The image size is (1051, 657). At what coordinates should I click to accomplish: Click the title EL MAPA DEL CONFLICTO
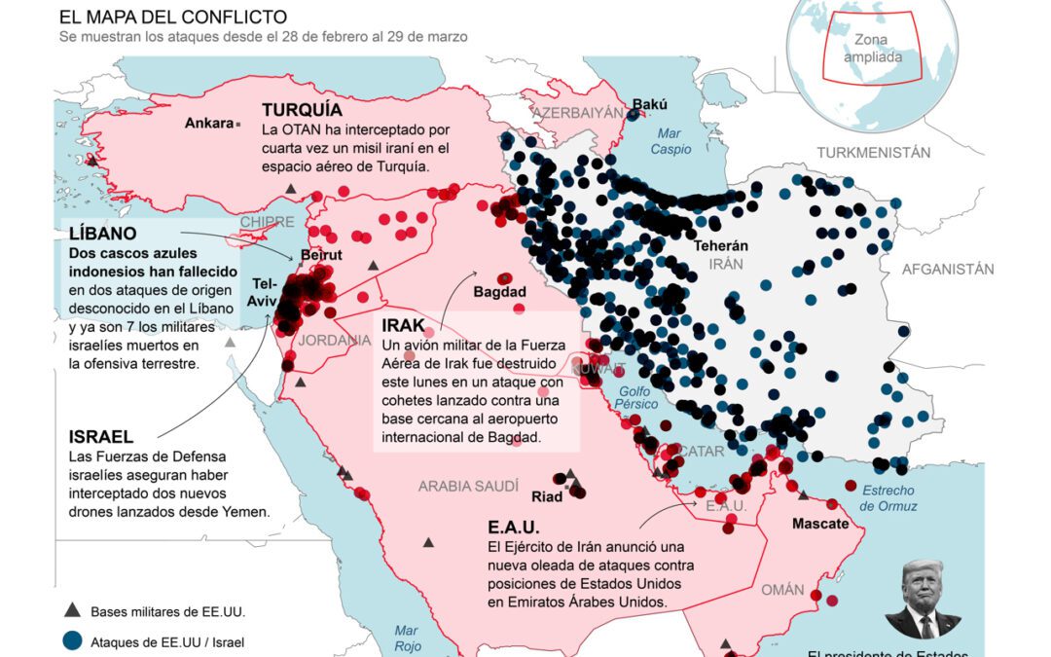click(x=173, y=18)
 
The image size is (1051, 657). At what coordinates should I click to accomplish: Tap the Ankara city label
click(x=209, y=124)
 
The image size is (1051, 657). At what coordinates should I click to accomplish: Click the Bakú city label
click(x=650, y=103)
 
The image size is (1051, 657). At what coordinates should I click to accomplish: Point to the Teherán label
click(x=721, y=246)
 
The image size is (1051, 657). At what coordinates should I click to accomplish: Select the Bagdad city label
click(x=499, y=292)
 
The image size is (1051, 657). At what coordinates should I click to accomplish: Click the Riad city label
click(x=546, y=496)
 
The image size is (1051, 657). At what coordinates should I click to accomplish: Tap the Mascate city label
click(x=820, y=523)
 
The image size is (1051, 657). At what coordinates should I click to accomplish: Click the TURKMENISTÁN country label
click(x=873, y=153)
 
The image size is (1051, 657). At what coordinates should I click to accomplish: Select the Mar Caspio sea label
click(x=670, y=141)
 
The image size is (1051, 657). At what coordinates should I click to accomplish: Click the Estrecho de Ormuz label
click(x=888, y=498)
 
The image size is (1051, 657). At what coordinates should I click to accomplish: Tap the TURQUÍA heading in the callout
click(x=302, y=110)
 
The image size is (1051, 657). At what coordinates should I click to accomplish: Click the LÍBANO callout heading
click(x=102, y=234)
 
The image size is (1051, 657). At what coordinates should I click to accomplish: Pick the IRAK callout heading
click(x=403, y=325)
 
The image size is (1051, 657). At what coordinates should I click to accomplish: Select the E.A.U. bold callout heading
click(x=514, y=527)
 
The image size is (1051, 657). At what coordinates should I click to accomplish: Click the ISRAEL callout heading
click(x=101, y=436)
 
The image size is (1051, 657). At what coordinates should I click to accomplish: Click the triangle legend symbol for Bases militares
click(x=71, y=611)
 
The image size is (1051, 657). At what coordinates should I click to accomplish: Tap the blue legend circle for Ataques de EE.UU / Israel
click(x=71, y=641)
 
